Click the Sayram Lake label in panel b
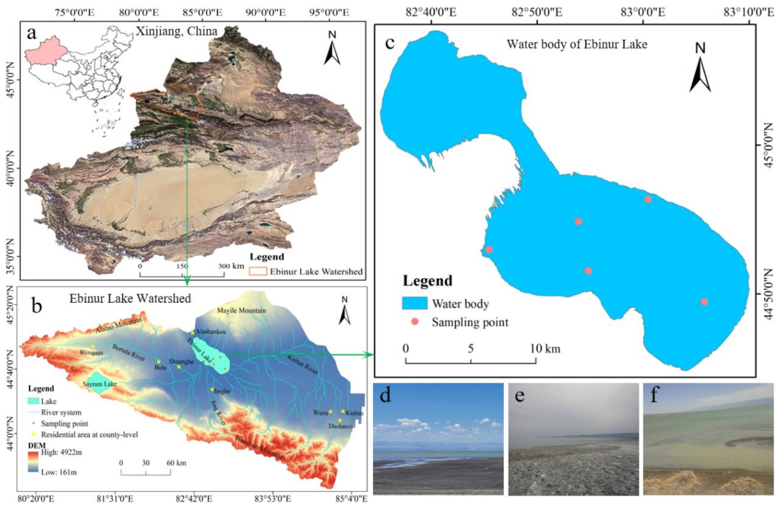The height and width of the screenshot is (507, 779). coord(99,384)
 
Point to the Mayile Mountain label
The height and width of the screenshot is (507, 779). coord(241,310)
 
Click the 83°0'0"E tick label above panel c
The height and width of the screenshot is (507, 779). coord(643,12)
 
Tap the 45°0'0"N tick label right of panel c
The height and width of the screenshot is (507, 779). coord(769,145)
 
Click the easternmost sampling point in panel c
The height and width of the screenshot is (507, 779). coord(704,302)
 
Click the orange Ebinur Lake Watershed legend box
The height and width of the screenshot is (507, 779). coord(258,271)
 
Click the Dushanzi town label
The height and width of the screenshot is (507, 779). coord(340,426)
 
